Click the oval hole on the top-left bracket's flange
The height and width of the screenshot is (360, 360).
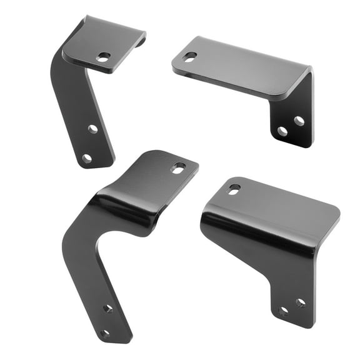click(x=103, y=57)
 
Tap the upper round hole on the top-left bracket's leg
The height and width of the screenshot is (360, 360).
click(x=92, y=129)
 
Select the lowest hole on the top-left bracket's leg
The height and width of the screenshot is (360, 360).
click(x=87, y=158)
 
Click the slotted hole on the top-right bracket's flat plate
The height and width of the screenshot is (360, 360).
click(x=189, y=57)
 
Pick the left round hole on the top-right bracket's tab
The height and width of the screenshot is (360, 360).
click(x=282, y=131)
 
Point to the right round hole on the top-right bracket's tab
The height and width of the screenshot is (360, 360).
click(x=299, y=121)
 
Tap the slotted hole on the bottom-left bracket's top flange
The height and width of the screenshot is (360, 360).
click(x=178, y=167)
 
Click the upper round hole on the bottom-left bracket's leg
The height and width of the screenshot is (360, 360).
click(x=107, y=308)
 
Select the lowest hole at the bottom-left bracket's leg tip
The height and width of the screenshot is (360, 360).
click(x=105, y=333)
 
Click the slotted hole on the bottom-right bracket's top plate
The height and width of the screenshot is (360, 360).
click(x=234, y=188)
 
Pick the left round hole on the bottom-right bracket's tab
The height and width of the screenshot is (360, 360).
click(x=284, y=311)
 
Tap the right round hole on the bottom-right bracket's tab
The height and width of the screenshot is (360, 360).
click(x=301, y=302)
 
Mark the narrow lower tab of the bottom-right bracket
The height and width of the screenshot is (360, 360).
click(x=291, y=287)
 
